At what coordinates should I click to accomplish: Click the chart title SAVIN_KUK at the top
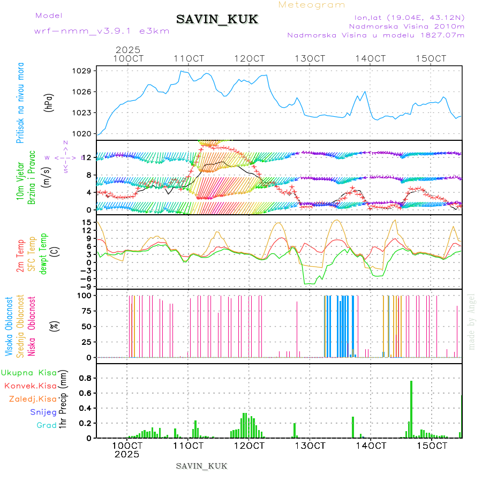click(217, 19)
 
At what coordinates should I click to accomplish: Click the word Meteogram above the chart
click(312, 5)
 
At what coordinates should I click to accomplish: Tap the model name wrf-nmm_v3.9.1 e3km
click(102, 31)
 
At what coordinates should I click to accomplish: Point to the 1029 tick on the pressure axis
click(83, 71)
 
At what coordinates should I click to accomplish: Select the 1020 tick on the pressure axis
click(83, 133)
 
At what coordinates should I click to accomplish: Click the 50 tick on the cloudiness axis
click(86, 326)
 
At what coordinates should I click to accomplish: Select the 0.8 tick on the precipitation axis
click(85, 378)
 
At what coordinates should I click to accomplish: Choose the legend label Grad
click(46, 425)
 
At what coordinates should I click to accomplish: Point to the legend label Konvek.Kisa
click(31, 386)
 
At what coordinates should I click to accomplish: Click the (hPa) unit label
click(49, 102)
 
